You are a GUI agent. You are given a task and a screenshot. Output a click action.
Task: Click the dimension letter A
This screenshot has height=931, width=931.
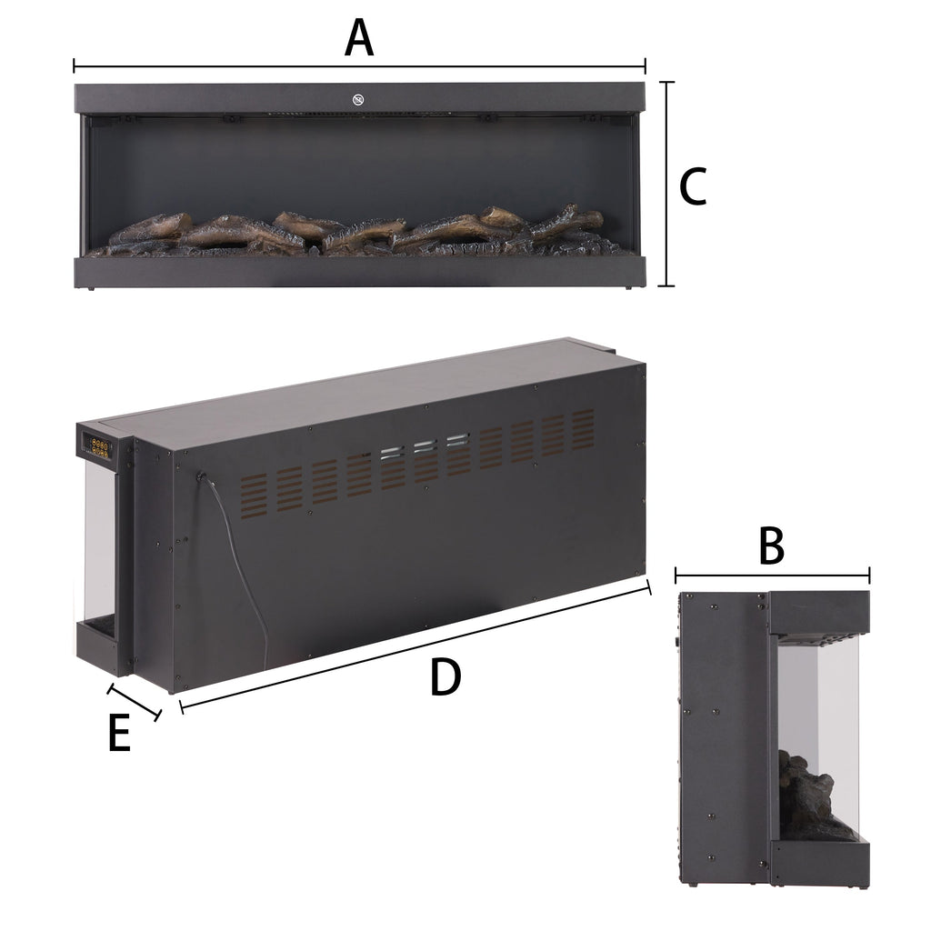coord(359,39)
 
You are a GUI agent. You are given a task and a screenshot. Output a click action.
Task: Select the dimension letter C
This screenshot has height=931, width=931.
coord(694,187)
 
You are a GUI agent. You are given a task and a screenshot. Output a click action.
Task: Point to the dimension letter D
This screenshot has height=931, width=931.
coord(445,678)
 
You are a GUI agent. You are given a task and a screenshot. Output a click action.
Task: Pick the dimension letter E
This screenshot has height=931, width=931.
coord(118,735)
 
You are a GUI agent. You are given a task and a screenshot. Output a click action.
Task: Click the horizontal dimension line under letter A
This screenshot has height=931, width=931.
coord(359,66)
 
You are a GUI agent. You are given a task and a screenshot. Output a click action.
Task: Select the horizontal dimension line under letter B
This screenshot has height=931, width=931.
coord(773,575)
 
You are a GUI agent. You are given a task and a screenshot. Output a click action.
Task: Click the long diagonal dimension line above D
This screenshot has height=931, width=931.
coord(415,646)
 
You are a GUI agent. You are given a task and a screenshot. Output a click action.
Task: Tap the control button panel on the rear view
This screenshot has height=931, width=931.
coord(94,445)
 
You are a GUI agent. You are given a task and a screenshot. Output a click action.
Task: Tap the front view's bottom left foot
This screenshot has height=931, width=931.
coord(92,289)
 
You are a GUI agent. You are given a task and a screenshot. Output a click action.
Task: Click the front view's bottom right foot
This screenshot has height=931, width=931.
coord(629,289)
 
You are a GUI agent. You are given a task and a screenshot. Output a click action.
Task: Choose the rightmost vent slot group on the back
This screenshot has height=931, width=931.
coord(583,427)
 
